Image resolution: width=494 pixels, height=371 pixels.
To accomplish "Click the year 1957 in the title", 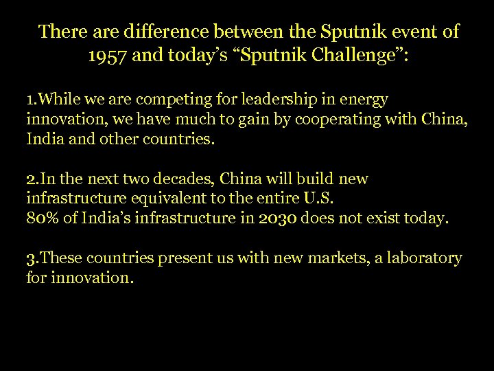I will (x=110, y=56).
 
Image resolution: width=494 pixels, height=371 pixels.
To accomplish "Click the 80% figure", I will (x=41, y=219).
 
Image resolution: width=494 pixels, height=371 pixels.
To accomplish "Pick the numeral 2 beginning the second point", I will (x=31, y=179).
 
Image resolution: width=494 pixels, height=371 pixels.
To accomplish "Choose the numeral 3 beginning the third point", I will (x=31, y=258).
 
